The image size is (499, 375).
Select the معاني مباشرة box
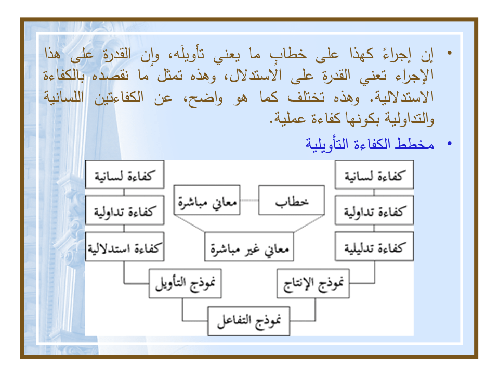(x=206, y=200)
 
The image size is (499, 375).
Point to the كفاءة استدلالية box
(x=124, y=247)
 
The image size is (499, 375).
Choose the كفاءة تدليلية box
(x=374, y=247)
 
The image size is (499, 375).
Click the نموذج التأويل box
(x=186, y=284)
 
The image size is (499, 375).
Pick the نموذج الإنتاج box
(x=312, y=284)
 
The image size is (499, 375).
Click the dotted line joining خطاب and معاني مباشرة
(x=248, y=200)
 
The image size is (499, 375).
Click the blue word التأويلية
(x=326, y=144)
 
